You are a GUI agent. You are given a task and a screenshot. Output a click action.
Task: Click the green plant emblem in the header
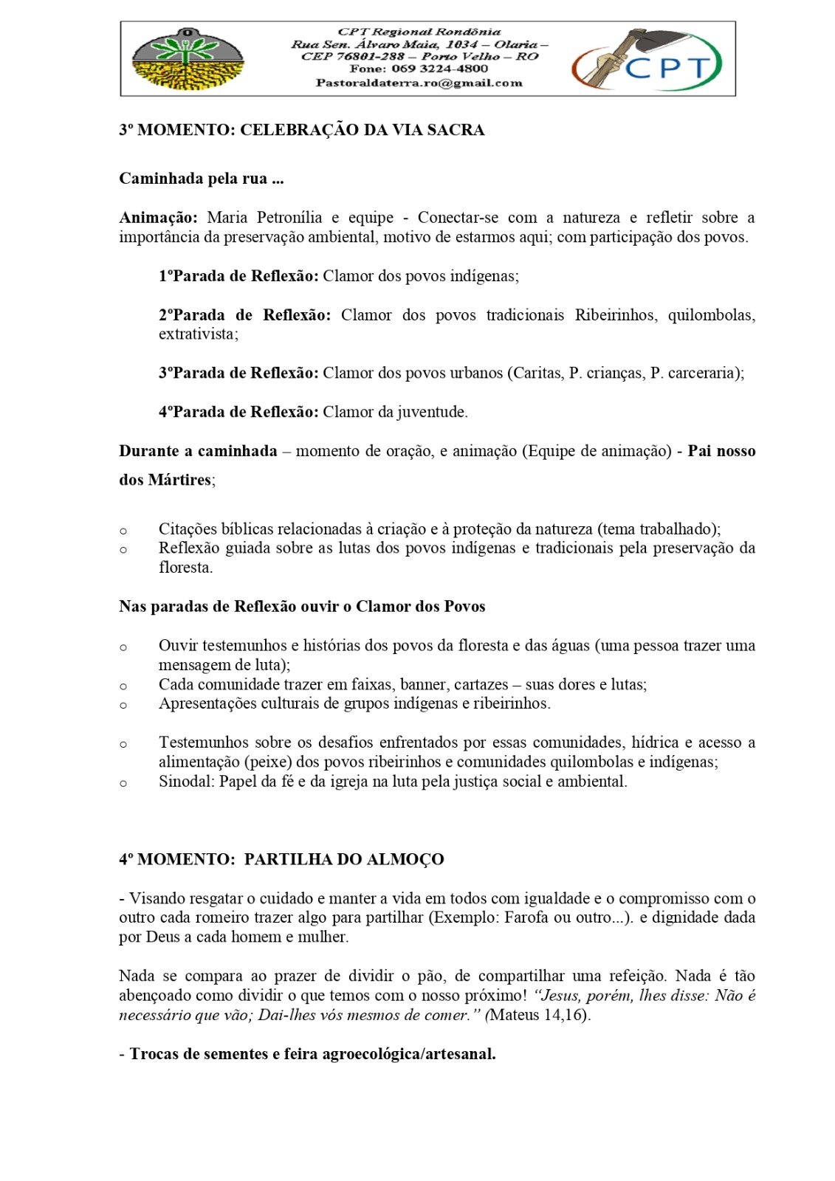click(x=188, y=58)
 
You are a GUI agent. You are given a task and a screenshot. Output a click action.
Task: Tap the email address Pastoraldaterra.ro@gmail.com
click(x=419, y=83)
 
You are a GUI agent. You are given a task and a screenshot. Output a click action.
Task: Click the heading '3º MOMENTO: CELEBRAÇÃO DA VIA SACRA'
click(x=301, y=130)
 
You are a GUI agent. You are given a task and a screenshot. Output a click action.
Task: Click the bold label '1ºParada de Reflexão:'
click(x=238, y=276)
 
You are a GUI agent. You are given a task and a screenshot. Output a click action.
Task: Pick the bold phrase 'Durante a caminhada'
click(x=198, y=451)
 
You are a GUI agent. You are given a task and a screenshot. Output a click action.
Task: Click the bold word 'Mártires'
click(x=180, y=480)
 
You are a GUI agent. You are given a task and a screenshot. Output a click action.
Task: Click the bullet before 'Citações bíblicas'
click(x=123, y=530)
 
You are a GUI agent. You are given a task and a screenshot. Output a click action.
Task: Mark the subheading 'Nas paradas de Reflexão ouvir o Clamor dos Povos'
click(x=302, y=607)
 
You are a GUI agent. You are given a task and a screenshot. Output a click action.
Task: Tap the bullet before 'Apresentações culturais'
click(x=123, y=704)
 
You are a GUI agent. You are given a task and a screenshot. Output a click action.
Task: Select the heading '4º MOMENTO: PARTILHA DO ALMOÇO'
click(x=281, y=859)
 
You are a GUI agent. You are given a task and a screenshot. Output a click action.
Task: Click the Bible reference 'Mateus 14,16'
click(x=538, y=1015)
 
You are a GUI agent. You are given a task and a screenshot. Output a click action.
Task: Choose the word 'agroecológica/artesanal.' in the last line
click(x=409, y=1054)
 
